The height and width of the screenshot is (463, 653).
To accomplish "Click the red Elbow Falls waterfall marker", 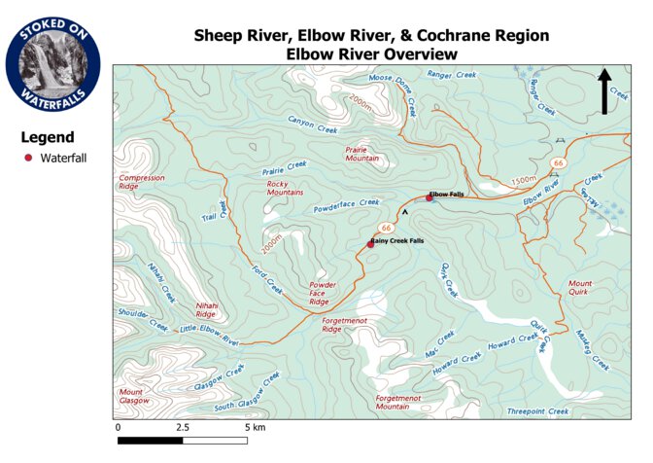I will (x=429, y=197).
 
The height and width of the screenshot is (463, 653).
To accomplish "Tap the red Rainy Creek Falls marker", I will (x=369, y=244).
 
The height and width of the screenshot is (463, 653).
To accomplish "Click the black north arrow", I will (x=604, y=91).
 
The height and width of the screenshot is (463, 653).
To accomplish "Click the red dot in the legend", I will (x=28, y=158).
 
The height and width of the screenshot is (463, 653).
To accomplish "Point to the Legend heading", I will (x=48, y=137).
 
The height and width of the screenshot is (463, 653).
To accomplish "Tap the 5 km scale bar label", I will (x=255, y=427).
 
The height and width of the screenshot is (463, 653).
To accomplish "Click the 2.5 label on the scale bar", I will (x=182, y=427).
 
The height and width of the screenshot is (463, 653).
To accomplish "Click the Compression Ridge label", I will (x=142, y=183).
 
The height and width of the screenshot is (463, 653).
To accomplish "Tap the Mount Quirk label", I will (x=580, y=288).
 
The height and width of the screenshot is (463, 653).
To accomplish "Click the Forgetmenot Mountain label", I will (x=405, y=402).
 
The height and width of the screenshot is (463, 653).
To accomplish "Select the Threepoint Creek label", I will (x=536, y=411).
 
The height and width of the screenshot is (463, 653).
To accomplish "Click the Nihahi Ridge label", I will (x=205, y=309).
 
